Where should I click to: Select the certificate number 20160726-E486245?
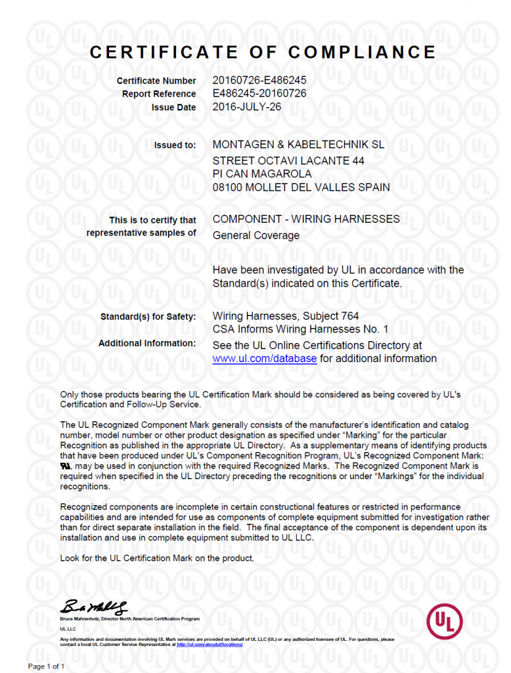click(259, 80)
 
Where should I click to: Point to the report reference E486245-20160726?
click(259, 93)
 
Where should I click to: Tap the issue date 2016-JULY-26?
click(247, 106)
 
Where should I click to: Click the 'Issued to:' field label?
click(175, 145)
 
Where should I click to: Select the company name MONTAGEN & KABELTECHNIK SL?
click(299, 145)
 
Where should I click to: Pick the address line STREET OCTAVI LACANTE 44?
click(289, 160)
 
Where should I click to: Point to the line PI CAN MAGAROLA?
click(262, 174)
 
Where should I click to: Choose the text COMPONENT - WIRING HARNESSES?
click(306, 219)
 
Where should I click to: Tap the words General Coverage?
click(256, 235)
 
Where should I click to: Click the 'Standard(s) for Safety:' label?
click(148, 317)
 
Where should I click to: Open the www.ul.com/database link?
click(265, 359)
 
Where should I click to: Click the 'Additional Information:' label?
click(147, 343)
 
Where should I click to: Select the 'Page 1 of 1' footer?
click(46, 666)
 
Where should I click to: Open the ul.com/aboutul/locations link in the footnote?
click(211, 645)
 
